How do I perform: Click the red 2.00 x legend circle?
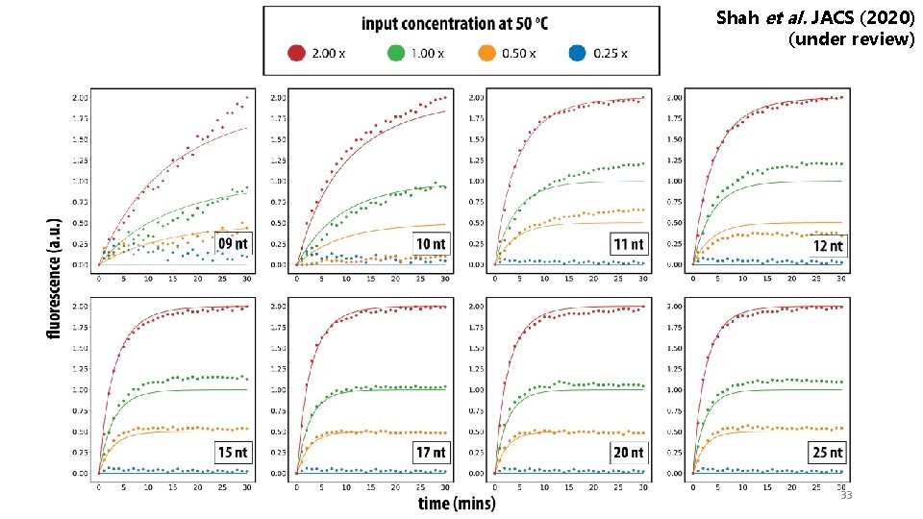(x=296, y=53)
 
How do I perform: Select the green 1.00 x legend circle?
(x=396, y=53)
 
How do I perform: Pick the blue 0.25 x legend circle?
(x=577, y=53)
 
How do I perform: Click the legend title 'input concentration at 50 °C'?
(x=461, y=22)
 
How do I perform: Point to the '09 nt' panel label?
(x=232, y=243)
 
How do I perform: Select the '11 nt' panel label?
(x=630, y=243)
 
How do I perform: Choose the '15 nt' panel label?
(x=233, y=452)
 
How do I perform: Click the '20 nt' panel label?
(x=630, y=452)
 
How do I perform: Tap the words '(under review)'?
(x=851, y=40)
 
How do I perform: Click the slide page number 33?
(x=846, y=495)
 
